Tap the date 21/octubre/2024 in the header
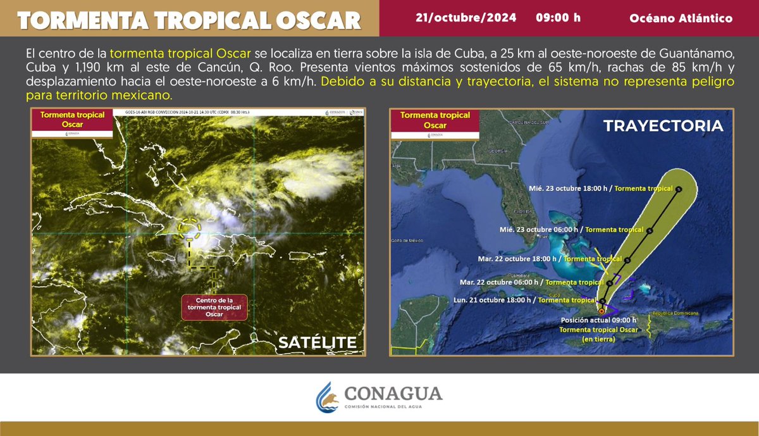pyautogui.click(x=466, y=18)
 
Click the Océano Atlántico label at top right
pyautogui.click(x=681, y=18)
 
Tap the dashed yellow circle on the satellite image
pyautogui.click(x=190, y=228)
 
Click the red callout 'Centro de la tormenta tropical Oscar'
pyautogui.click(x=214, y=307)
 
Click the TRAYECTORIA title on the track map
pyautogui.click(x=662, y=126)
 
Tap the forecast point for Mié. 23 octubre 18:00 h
pyautogui.click(x=679, y=189)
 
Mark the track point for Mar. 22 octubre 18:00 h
pyautogui.click(x=627, y=259)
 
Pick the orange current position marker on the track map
pyautogui.click(x=600, y=311)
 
